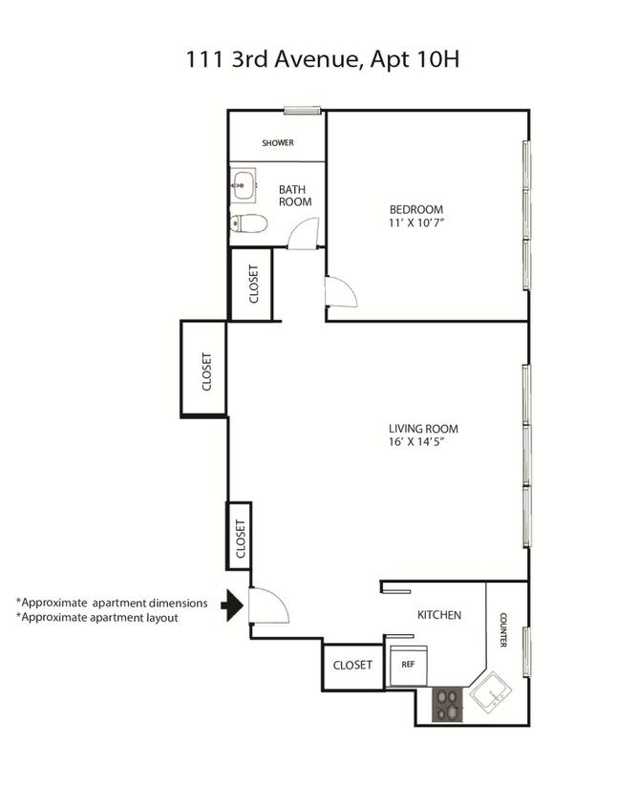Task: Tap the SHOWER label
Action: point(278,143)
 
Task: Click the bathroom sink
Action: point(243,185)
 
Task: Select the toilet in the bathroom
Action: point(248,223)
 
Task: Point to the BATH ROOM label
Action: point(295,195)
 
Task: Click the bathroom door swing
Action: point(305,234)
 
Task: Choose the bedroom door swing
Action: point(340,292)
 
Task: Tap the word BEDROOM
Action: point(415,210)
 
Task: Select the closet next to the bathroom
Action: point(253,284)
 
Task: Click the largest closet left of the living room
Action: point(204,370)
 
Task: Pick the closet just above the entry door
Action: point(240,536)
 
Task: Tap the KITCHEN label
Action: point(439,615)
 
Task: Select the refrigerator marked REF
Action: point(409,662)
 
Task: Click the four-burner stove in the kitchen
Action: point(447,705)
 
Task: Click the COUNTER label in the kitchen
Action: point(503,629)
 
